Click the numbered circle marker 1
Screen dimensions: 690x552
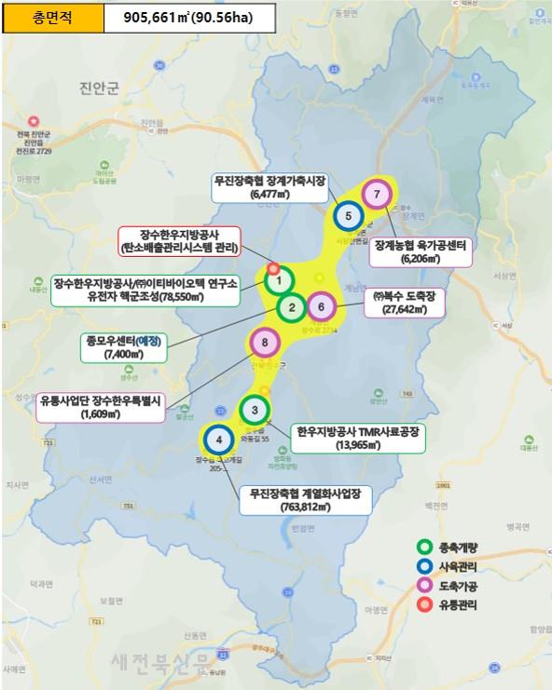coord(279,280)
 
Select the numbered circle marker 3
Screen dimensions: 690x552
coord(255,410)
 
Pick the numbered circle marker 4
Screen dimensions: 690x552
coord(218,439)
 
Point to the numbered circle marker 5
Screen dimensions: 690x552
coord(348,216)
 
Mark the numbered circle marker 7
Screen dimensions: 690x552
coord(376,194)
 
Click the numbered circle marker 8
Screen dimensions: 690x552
coord(266,344)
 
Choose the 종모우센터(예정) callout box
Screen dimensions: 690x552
coord(120,347)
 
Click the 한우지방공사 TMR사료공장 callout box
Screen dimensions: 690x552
coord(359,439)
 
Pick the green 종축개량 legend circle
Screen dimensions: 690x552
coord(425,547)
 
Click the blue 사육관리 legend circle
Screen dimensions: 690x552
coord(425,566)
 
